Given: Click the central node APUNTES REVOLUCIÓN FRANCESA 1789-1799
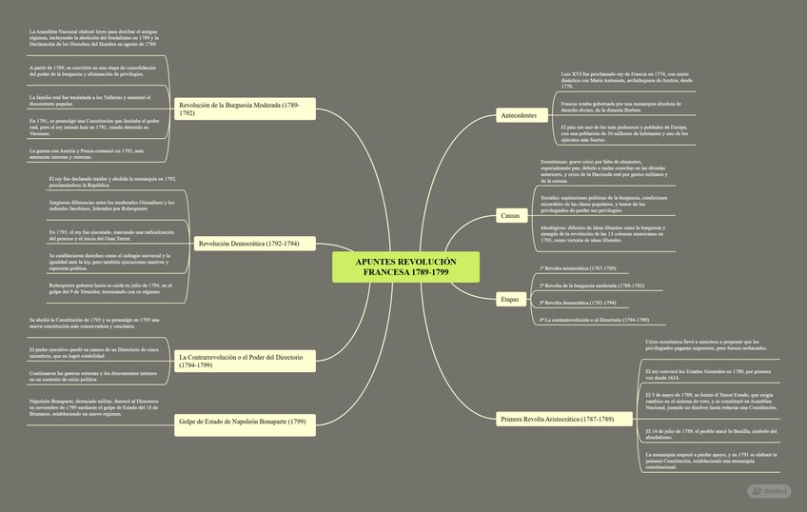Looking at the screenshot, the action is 406,267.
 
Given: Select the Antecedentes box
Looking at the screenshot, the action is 519,116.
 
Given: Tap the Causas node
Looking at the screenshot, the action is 510,217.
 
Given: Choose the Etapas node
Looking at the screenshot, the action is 510,300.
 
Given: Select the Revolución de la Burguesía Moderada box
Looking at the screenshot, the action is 245,108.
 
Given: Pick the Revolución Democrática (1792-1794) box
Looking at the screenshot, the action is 248,244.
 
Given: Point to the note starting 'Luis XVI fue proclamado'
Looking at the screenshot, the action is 626,79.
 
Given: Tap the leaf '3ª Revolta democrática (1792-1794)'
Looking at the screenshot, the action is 578,303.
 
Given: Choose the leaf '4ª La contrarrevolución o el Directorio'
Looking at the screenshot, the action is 594,320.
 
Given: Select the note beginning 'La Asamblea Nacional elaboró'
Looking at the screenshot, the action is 93,38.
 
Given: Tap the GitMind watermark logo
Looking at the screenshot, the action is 769,491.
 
